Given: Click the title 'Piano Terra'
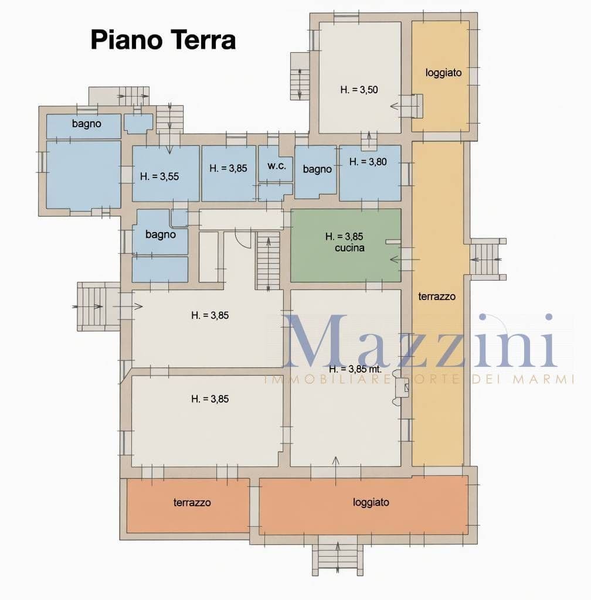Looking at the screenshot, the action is tap(163, 40).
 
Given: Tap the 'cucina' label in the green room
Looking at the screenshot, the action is tap(349, 248).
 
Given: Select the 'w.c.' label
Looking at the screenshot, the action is tap(277, 166).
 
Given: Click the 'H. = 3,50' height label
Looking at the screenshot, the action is tap(359, 90).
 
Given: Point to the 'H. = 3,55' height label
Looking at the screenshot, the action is tap(159, 176).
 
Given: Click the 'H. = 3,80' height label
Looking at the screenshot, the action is tap(368, 162).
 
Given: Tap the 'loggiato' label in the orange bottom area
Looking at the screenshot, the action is tap(371, 502).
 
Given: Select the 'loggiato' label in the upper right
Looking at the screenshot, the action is tap(444, 73).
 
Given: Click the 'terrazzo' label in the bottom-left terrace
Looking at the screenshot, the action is tap(192, 502).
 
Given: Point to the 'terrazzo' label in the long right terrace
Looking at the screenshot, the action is tap(437, 296).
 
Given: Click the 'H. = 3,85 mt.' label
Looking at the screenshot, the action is tap(355, 369).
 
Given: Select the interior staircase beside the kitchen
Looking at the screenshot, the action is tap(268, 261).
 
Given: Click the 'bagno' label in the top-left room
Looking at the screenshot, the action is tap(87, 124).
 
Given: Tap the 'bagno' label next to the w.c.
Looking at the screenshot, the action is tap(317, 169).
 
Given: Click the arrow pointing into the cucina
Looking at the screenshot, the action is tap(405, 260).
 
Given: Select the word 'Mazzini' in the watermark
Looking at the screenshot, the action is tap(419, 342).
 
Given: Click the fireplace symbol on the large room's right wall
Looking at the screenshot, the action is tap(401, 390).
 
